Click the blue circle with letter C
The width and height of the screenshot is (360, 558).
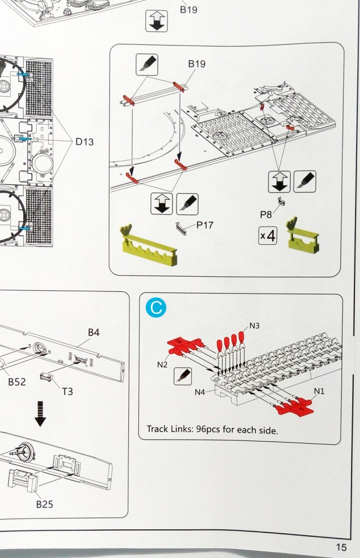(156, 307)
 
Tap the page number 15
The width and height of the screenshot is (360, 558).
(341, 547)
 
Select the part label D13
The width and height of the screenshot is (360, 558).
(85, 142)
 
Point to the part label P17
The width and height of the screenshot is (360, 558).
(205, 225)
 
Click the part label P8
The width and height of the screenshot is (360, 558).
(265, 214)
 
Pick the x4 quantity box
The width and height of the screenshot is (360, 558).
(268, 236)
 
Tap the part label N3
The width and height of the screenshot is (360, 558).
(254, 326)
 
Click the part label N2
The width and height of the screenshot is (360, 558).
(162, 364)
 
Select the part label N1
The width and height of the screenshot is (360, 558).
(319, 391)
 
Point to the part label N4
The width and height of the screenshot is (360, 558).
(200, 392)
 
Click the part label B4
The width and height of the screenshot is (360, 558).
(94, 332)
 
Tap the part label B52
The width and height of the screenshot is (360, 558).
(17, 382)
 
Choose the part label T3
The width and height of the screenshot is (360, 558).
(67, 391)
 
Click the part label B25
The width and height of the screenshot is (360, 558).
(44, 504)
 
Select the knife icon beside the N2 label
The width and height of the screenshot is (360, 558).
(183, 376)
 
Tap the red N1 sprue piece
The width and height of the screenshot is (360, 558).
(295, 407)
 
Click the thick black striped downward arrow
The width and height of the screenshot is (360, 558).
(40, 414)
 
